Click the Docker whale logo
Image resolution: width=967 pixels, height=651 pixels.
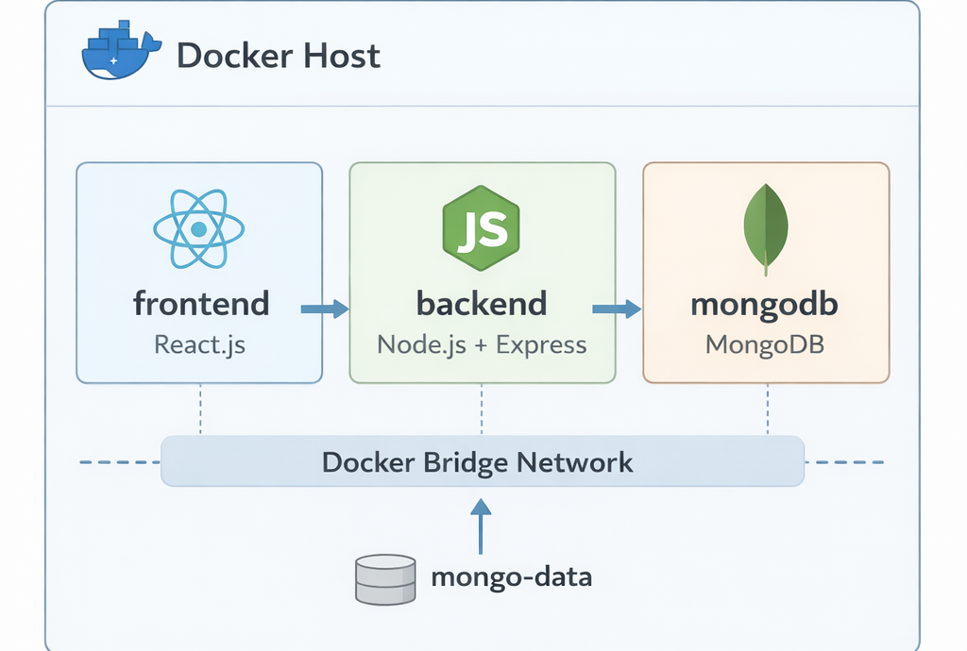(x=116, y=55)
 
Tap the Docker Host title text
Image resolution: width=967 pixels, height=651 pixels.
(x=279, y=56)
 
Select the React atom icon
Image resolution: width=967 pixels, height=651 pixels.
(x=198, y=228)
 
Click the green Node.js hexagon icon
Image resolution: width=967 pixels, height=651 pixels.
(x=482, y=227)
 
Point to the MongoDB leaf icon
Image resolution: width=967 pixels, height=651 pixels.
(x=767, y=227)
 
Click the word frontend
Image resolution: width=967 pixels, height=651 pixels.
(x=201, y=304)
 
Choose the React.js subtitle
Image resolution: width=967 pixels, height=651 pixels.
(x=199, y=343)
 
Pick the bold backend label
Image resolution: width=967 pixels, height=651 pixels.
(x=482, y=304)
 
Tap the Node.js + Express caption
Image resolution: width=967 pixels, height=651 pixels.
(x=482, y=343)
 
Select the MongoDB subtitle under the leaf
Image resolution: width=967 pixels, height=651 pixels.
(x=766, y=343)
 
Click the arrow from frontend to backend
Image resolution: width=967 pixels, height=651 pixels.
(x=324, y=309)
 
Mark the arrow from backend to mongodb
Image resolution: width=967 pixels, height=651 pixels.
(x=617, y=309)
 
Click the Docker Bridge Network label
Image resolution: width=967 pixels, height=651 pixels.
(x=478, y=462)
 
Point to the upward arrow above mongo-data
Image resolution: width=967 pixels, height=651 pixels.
(x=482, y=525)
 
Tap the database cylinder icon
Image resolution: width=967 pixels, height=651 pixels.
(x=385, y=578)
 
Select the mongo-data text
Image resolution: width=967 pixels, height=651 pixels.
(x=511, y=576)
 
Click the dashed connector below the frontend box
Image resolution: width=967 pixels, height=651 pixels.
(x=200, y=409)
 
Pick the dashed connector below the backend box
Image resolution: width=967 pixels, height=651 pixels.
(x=482, y=409)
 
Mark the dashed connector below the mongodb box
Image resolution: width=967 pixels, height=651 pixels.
(x=767, y=409)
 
